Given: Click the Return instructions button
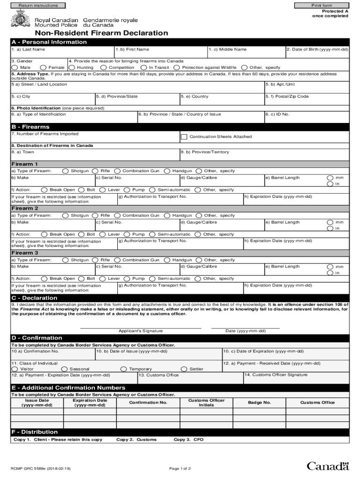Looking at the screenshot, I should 38,6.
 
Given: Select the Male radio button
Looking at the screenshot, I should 14,68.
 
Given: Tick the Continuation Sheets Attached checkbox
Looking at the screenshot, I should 184,137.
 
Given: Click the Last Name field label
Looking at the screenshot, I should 29,49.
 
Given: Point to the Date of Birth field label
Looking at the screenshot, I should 317,49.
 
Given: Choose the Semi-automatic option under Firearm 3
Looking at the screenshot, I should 152,279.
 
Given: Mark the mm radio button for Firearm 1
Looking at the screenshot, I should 330,178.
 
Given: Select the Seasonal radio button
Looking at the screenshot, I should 65,369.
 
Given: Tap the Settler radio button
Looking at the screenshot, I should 184,369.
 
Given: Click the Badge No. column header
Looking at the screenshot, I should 259,403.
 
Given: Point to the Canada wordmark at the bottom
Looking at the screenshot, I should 328,466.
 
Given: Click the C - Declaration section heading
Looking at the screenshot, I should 35,298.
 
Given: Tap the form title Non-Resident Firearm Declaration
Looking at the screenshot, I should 100,33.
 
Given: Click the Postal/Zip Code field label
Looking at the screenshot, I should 287,96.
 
